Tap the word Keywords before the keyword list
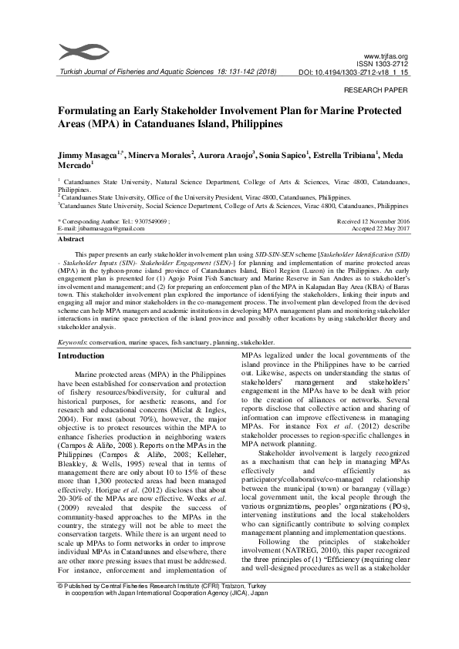(x=74, y=341)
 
